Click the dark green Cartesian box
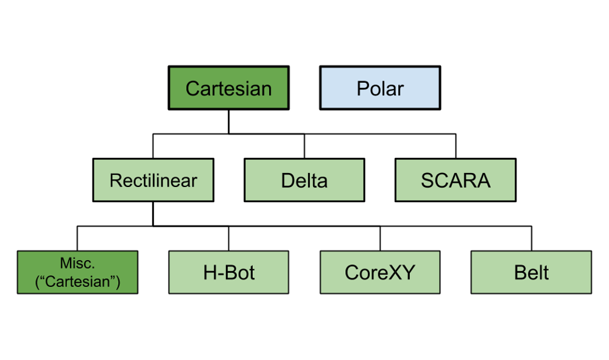pyautogui.click(x=228, y=88)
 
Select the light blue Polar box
pyautogui.click(x=380, y=88)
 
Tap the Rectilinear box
pyautogui.click(x=153, y=180)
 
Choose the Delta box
pyautogui.click(x=304, y=180)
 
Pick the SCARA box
pyautogui.click(x=456, y=180)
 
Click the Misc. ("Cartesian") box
pyautogui.click(x=77, y=272)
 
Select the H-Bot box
pyautogui.click(x=228, y=272)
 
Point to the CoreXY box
pyautogui.click(x=380, y=272)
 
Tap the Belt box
pyautogui.click(x=531, y=272)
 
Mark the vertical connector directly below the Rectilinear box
pyautogui.click(x=153, y=214)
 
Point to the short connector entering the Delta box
pyautogui.click(x=304, y=147)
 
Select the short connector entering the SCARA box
pyautogui.click(x=456, y=147)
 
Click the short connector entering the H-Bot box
pyautogui.click(x=228, y=239)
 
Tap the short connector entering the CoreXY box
pyautogui.click(x=380, y=239)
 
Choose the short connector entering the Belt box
pyautogui.click(x=531, y=239)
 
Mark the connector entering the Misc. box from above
pyautogui.click(x=77, y=239)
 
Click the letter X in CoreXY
pyautogui.click(x=395, y=272)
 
